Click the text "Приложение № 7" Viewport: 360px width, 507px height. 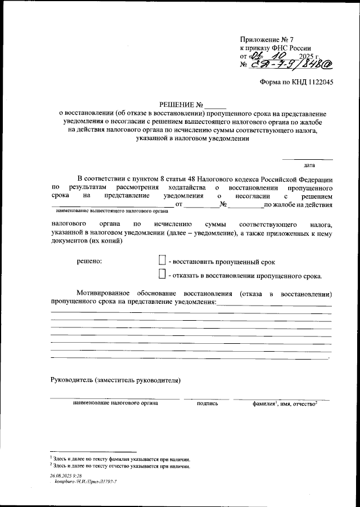[x=267, y=39]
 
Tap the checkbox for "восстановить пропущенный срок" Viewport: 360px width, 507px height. [x=162, y=261]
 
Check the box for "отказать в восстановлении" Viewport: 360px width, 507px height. [x=162, y=275]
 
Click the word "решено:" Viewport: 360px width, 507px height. [x=89, y=262]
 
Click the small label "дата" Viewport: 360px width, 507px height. [x=309, y=165]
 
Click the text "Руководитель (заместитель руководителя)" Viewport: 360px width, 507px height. [x=115, y=380]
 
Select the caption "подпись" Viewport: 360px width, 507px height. [x=208, y=403]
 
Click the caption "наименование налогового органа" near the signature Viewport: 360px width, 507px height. [x=115, y=403]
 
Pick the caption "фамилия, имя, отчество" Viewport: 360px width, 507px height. [x=285, y=403]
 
